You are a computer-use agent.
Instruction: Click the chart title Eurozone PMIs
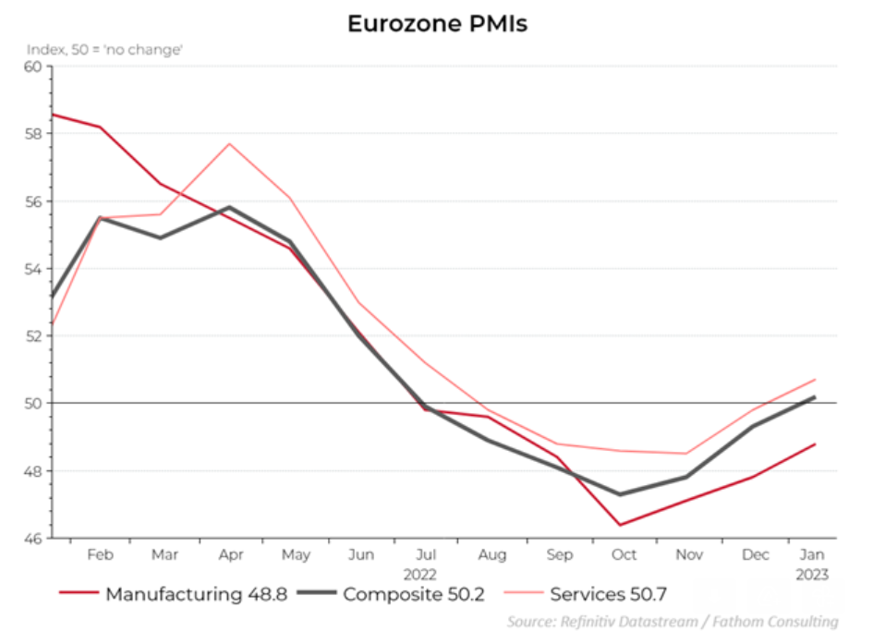[437, 24]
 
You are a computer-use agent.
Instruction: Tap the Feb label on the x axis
[100, 555]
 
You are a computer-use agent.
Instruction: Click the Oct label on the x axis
[624, 555]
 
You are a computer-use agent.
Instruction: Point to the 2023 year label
[812, 574]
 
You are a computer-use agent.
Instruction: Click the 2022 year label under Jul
[426, 574]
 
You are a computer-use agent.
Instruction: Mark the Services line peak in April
[229, 143]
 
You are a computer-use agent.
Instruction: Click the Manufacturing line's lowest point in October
[619, 525]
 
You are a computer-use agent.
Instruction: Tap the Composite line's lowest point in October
[619, 494]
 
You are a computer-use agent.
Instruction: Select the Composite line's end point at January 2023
[815, 396]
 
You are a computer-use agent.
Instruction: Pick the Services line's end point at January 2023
[815, 380]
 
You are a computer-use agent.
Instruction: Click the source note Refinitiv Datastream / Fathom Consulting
[673, 622]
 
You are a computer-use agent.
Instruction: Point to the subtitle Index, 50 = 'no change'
[104, 49]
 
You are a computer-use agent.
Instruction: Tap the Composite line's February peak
[99, 217]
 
